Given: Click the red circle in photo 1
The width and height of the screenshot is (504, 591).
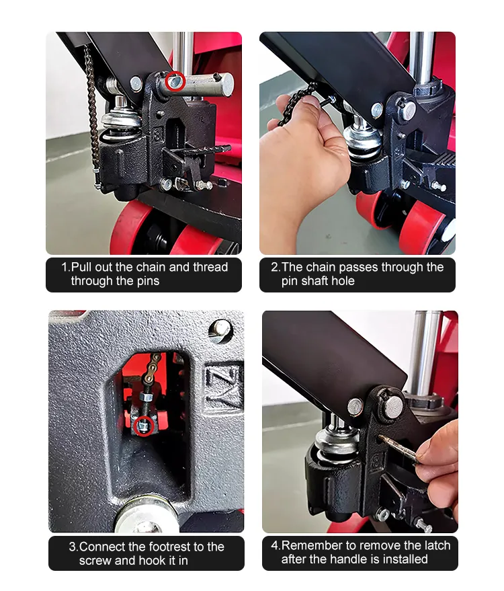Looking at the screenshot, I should click(x=176, y=81).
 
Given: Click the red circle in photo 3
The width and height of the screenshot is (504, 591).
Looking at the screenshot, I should click(x=144, y=426).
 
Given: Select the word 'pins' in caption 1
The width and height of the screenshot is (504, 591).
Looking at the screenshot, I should click(x=146, y=281).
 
